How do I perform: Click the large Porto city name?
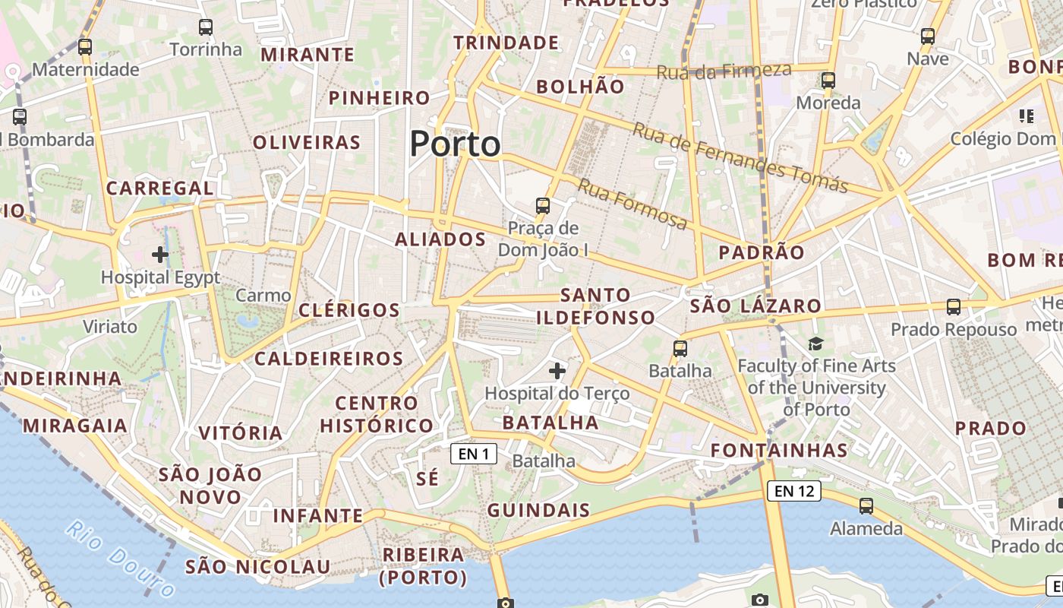click(x=456, y=144)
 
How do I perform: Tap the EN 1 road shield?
click(x=474, y=454)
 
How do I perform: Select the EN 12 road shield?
click(x=794, y=491)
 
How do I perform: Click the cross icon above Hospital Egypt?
click(x=160, y=254)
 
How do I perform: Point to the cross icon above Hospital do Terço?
click(x=557, y=371)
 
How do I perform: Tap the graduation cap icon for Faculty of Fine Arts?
click(x=815, y=344)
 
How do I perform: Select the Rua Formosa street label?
click(x=632, y=204)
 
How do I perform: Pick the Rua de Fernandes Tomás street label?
click(x=740, y=157)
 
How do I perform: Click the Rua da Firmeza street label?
click(x=724, y=71)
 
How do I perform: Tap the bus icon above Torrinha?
click(x=206, y=28)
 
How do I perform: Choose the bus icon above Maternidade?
click(x=85, y=47)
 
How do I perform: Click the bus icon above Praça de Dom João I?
click(x=543, y=205)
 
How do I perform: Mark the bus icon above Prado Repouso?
click(x=954, y=307)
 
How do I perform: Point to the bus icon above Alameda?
click(x=866, y=505)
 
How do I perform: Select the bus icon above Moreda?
click(x=828, y=80)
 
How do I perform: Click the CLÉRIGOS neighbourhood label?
click(x=349, y=310)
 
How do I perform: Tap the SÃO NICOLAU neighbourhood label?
click(x=258, y=566)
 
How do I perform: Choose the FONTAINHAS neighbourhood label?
click(x=779, y=450)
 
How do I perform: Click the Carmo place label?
click(x=263, y=296)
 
